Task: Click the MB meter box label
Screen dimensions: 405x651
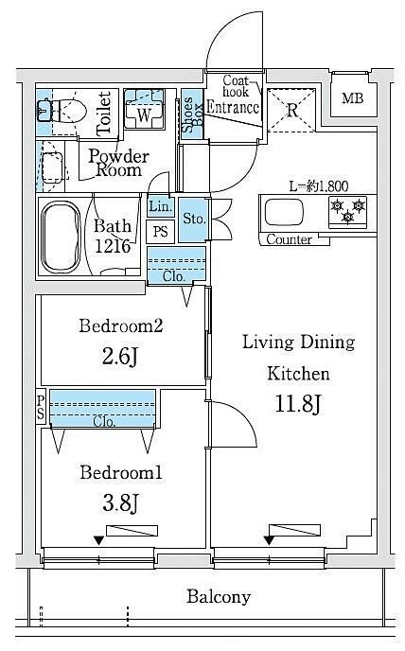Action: [x=353, y=98]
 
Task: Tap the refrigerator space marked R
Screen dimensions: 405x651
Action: [x=291, y=110]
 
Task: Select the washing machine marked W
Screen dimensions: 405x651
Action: [x=144, y=109]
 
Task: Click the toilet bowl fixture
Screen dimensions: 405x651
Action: [x=62, y=111]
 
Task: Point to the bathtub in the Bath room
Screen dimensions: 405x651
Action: [x=61, y=237]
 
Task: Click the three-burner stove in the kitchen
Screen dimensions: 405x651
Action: [x=347, y=211]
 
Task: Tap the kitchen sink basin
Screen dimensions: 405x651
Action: [x=285, y=212]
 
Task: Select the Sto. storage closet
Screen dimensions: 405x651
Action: [x=193, y=220]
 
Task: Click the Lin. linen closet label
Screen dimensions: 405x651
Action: [x=160, y=206]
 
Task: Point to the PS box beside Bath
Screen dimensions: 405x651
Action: [x=160, y=231]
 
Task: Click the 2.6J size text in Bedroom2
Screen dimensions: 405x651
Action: [x=119, y=356]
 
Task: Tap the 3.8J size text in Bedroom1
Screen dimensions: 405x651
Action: [x=120, y=502]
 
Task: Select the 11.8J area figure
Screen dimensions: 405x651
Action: [x=298, y=403]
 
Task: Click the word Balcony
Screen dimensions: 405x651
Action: [x=219, y=597]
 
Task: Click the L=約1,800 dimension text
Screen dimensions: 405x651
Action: [x=318, y=186]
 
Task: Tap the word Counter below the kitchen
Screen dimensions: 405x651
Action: [x=290, y=239]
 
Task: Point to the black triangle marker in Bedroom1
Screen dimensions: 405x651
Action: [x=98, y=540]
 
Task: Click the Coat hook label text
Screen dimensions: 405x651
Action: [x=236, y=85]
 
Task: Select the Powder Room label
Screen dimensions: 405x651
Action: [x=119, y=163]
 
